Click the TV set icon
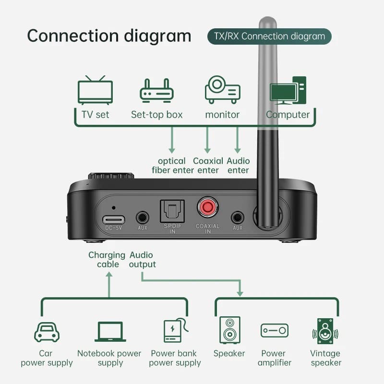tap(95, 90)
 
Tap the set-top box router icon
tap(156, 90)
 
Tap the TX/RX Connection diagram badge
tap(269, 36)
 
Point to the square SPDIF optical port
tap(172, 210)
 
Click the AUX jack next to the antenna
tap(238, 217)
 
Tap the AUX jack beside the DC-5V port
tap(143, 217)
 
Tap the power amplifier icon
tap(275, 330)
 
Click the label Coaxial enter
tap(207, 166)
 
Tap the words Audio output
tap(143, 260)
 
